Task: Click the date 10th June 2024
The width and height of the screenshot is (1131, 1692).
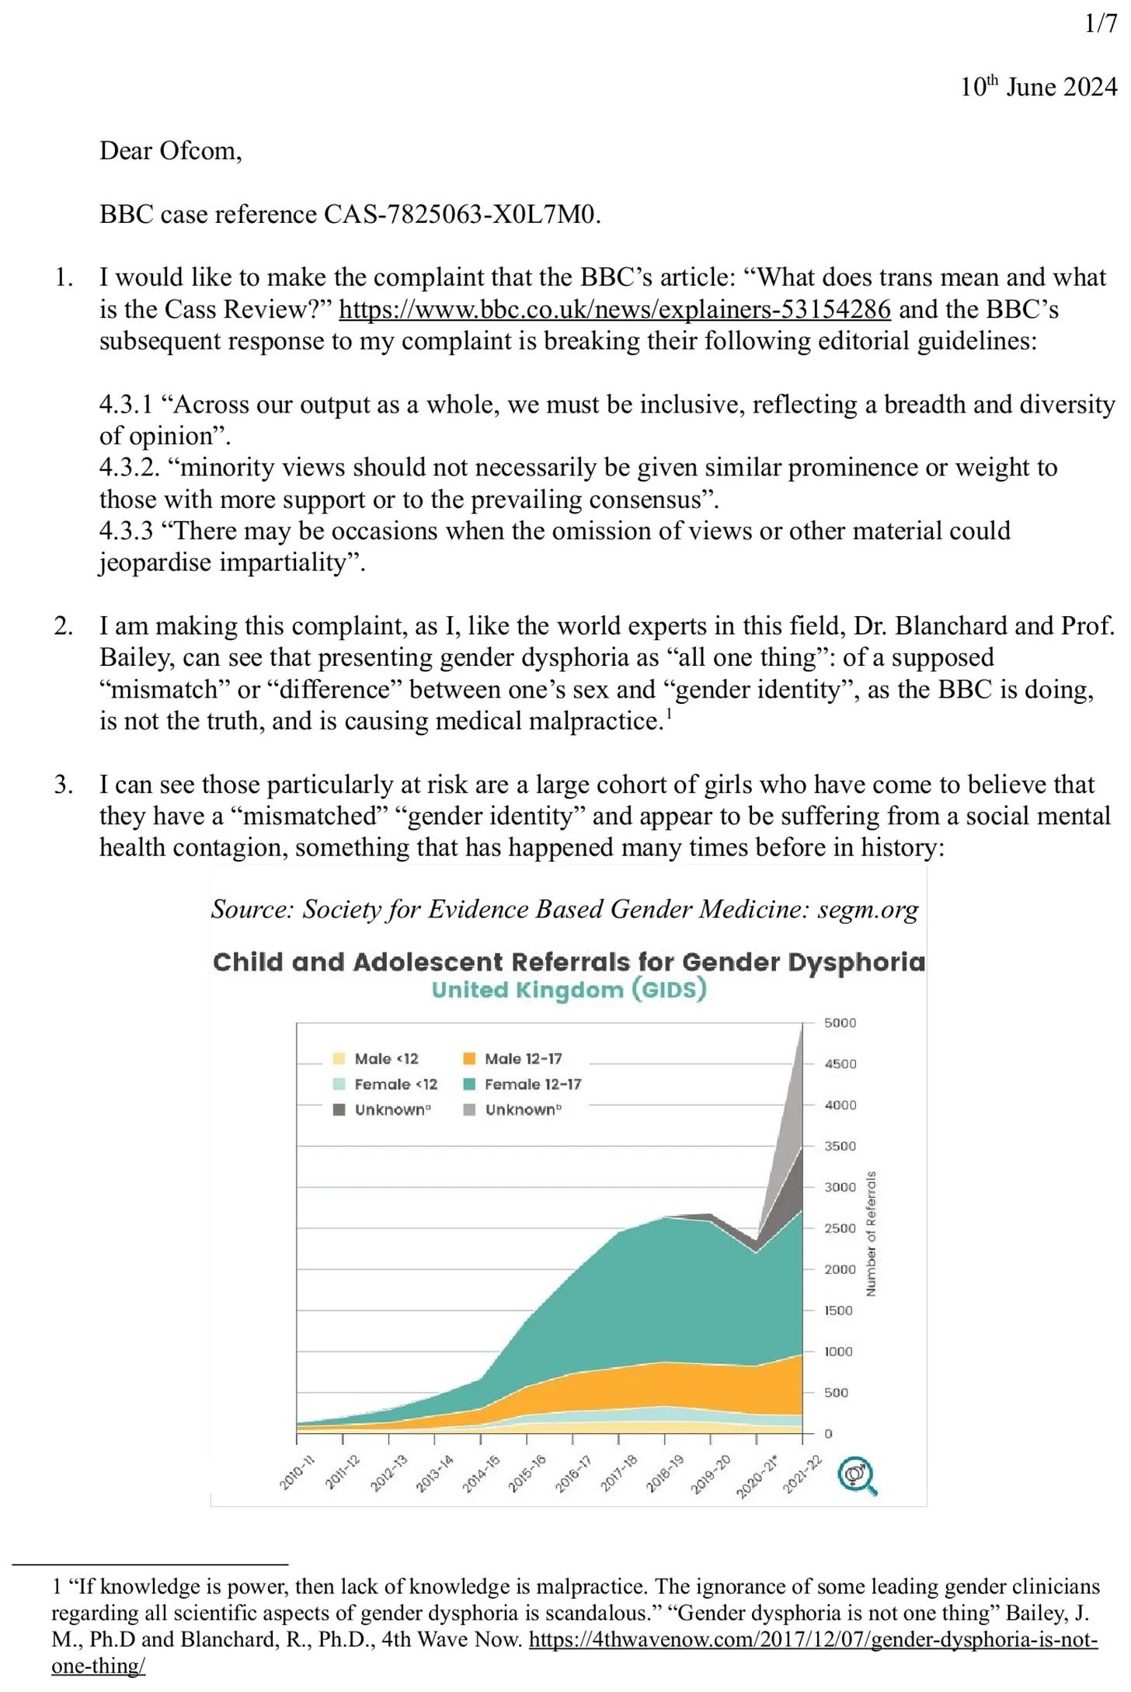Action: pyautogui.click(x=1038, y=86)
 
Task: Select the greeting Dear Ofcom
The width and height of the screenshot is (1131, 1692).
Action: pyautogui.click(x=170, y=150)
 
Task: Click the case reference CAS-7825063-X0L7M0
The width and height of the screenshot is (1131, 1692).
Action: pyautogui.click(x=461, y=214)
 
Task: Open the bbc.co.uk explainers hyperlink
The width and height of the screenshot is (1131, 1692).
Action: pyautogui.click(x=614, y=309)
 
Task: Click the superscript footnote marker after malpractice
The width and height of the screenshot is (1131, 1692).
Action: pyautogui.click(x=669, y=713)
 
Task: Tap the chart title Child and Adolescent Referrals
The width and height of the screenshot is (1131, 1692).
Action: pyautogui.click(x=569, y=962)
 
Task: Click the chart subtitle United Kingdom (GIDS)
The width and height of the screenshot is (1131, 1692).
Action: pyautogui.click(x=569, y=990)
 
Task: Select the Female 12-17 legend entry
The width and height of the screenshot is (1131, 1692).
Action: pyautogui.click(x=532, y=1084)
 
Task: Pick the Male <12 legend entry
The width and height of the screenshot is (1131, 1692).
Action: pyautogui.click(x=386, y=1058)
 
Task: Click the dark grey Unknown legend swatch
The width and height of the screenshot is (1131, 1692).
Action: pyautogui.click(x=339, y=1109)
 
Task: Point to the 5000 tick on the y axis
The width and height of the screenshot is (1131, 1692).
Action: pyautogui.click(x=840, y=1023)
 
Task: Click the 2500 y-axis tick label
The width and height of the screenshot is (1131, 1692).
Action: pyautogui.click(x=840, y=1228)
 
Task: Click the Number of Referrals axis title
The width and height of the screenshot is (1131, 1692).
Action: pyautogui.click(x=871, y=1233)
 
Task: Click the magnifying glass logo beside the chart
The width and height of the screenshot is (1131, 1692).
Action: pyautogui.click(x=858, y=1475)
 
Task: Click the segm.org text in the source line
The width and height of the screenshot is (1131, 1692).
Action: pyautogui.click(x=868, y=909)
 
